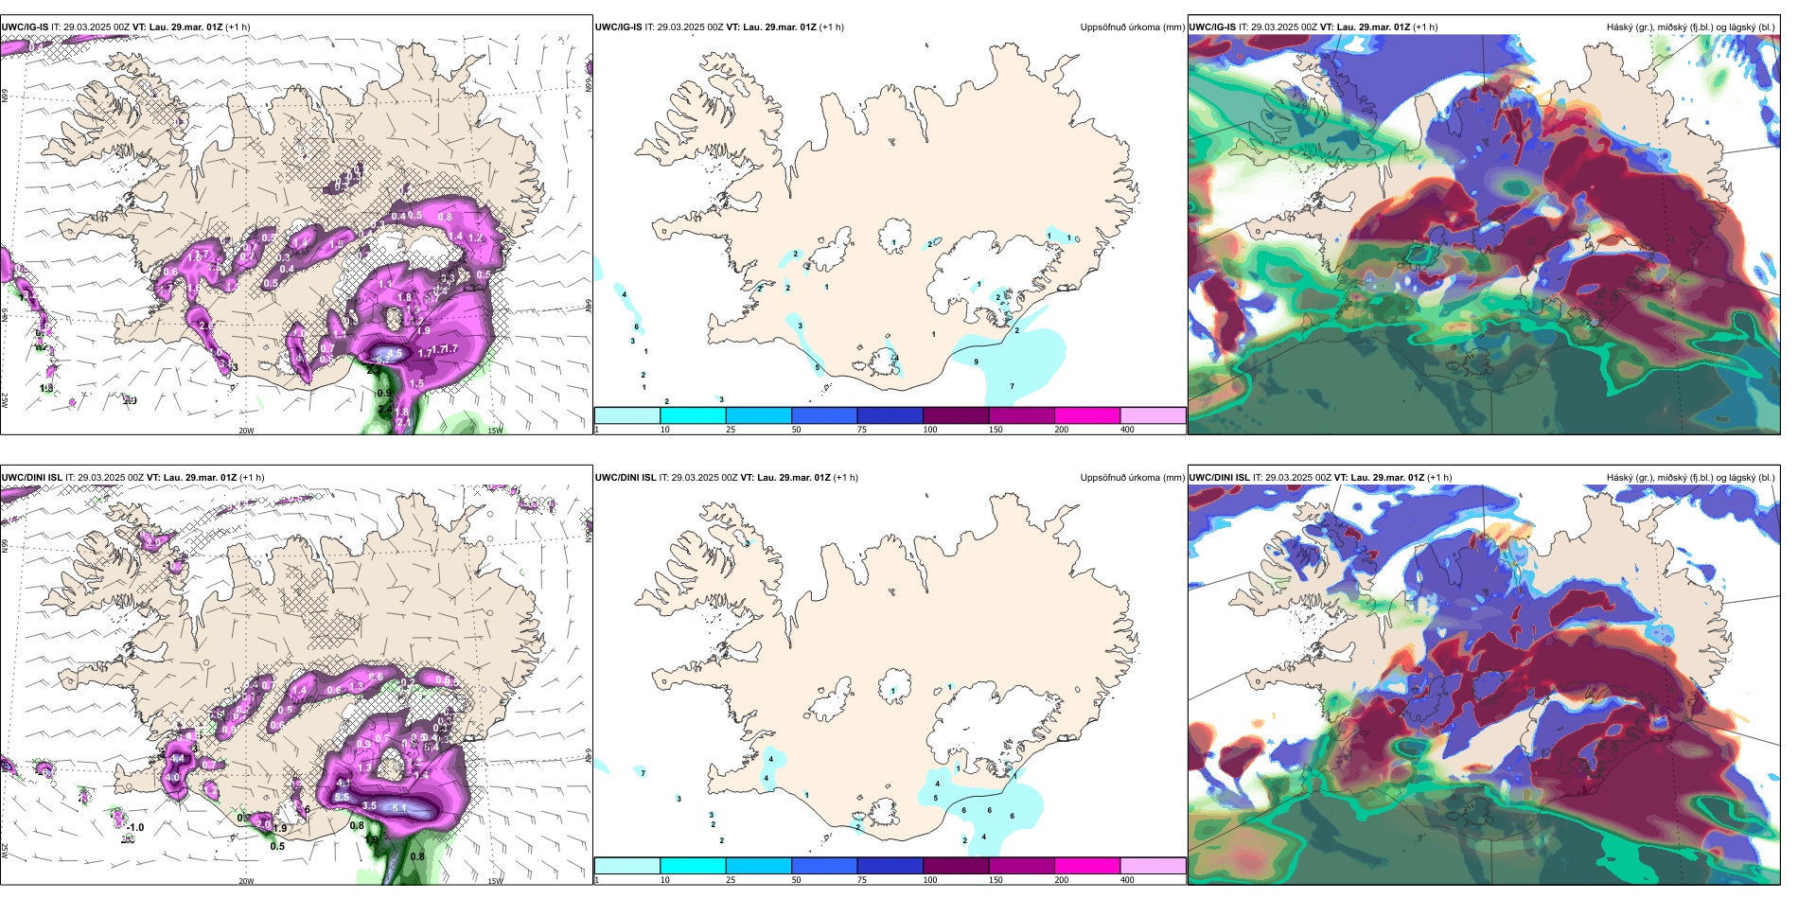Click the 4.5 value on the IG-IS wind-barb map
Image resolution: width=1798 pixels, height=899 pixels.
coord(395,354)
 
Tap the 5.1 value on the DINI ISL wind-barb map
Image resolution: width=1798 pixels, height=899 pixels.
coord(399,808)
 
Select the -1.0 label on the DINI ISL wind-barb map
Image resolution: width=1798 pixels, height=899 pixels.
coord(135,827)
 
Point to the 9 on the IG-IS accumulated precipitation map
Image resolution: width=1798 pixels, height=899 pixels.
coord(977,361)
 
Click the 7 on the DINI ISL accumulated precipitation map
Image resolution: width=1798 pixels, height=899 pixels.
coord(643,773)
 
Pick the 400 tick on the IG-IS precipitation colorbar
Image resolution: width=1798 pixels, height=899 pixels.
coord(1127,430)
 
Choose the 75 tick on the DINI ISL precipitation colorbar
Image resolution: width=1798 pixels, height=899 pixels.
coord(862,880)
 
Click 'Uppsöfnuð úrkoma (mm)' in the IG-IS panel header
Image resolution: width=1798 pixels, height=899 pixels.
coord(1132,27)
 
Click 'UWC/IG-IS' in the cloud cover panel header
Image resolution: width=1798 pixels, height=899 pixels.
coord(1212,27)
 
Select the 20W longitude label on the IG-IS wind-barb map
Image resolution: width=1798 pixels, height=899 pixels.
coord(246,431)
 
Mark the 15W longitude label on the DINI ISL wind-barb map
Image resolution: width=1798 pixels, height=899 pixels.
coord(495,881)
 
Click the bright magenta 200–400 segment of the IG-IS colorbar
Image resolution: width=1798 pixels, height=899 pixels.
coord(1087,415)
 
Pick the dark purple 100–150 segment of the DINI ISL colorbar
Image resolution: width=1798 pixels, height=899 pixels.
coord(956,866)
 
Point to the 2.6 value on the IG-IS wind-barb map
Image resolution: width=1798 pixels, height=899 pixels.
coord(206,326)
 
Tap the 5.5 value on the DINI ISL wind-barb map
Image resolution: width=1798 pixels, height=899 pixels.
coord(342,798)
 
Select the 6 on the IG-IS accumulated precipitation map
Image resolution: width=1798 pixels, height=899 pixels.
coord(637,327)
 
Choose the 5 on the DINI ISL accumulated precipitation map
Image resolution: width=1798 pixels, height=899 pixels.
coord(936,798)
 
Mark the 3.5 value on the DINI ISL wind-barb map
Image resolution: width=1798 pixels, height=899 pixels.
coord(369,806)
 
